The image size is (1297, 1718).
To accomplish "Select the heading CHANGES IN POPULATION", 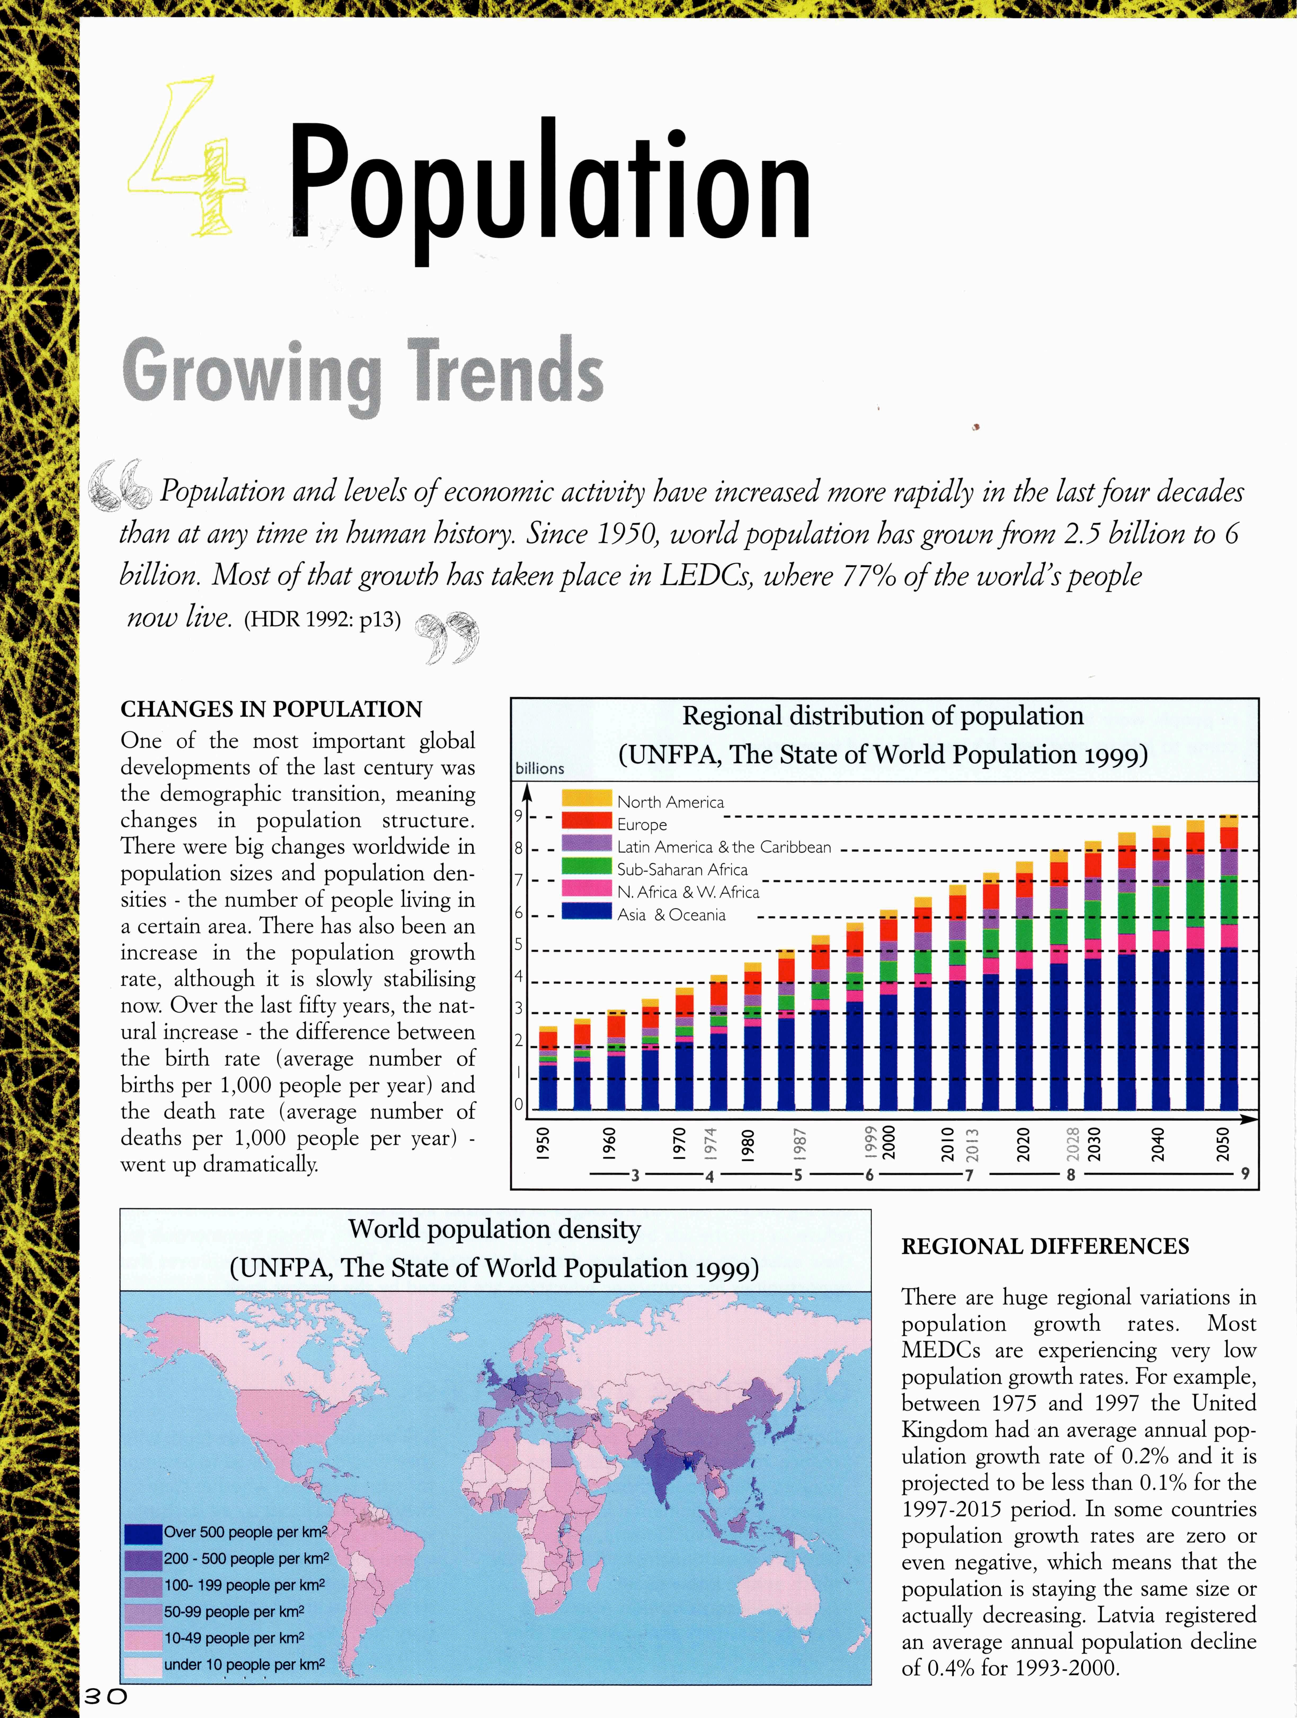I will point(271,709).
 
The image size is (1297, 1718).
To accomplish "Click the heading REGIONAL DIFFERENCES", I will point(1045,1246).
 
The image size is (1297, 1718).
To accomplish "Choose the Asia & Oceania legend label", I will point(671,915).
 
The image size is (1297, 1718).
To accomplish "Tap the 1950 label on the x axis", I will point(544,1144).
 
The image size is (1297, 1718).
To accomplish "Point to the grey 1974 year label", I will point(709,1144).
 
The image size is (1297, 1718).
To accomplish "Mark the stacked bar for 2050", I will point(1229,963).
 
